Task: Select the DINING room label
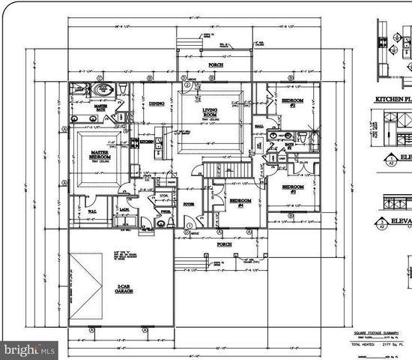(x=157, y=103)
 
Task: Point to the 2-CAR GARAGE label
(x=124, y=289)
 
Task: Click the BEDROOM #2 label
(x=291, y=103)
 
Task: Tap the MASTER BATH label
(x=101, y=109)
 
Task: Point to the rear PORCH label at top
(x=216, y=65)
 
